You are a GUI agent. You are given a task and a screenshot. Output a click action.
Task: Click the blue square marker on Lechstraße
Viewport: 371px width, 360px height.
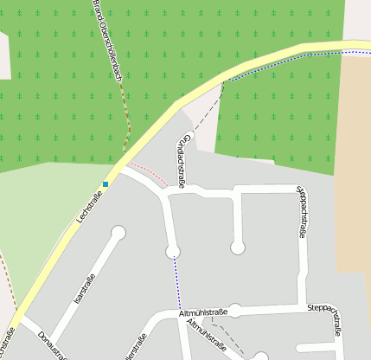point(106,183)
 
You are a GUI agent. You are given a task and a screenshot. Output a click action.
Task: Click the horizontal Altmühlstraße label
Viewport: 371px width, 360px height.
point(204,312)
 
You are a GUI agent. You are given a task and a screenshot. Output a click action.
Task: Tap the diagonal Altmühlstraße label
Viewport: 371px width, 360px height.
point(207,337)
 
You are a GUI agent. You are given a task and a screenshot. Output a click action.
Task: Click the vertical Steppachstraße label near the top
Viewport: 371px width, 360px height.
point(302,211)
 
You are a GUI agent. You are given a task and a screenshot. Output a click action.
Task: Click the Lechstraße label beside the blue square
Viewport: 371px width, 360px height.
point(89,209)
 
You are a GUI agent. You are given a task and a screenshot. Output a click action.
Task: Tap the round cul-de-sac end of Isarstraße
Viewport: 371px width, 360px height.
point(118,232)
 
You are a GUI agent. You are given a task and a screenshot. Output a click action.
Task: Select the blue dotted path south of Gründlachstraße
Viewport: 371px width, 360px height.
point(176,281)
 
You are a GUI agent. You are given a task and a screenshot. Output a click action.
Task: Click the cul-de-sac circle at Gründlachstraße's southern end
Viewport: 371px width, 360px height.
point(173,251)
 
